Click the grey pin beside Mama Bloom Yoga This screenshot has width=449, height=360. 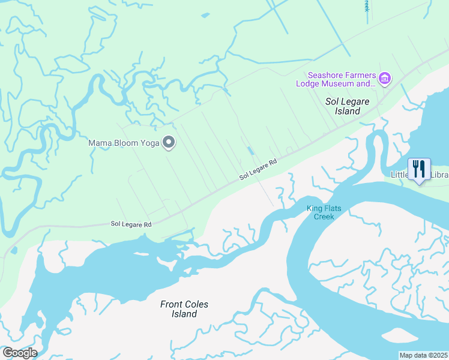click(169, 143)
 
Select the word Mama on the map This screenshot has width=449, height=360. click(100, 143)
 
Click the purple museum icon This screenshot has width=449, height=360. click(385, 78)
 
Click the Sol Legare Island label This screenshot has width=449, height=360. click(351, 106)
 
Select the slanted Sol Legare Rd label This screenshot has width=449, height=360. click(258, 169)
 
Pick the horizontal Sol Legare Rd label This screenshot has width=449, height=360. click(130, 224)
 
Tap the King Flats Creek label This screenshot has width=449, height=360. click(324, 212)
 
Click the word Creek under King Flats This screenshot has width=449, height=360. click(324, 217)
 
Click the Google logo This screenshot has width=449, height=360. click(19, 352)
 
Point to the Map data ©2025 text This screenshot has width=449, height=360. click(423, 355)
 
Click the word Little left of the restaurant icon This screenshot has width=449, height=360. click(399, 175)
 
